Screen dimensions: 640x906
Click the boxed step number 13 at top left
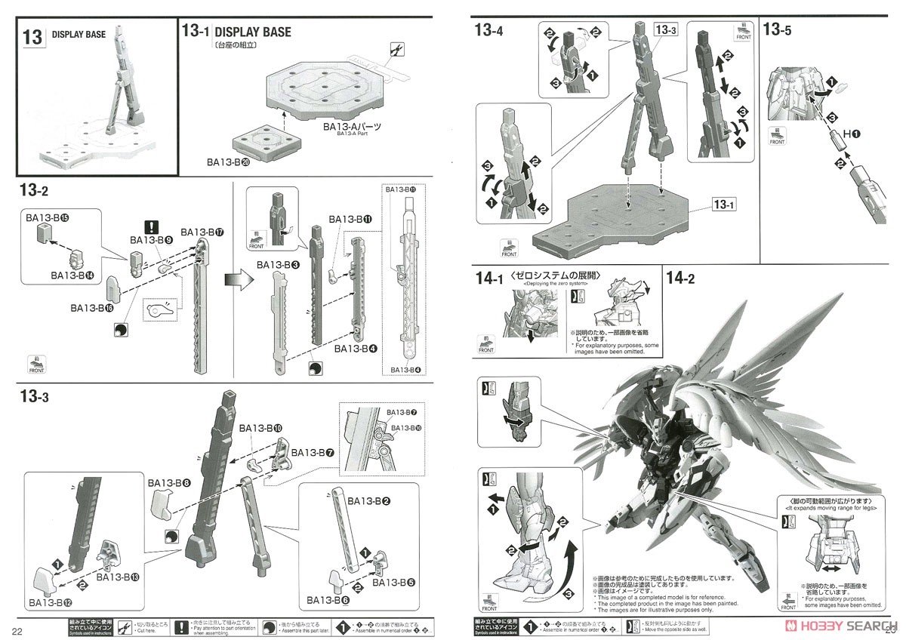click(x=32, y=37)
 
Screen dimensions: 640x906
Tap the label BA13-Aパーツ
click(x=361, y=126)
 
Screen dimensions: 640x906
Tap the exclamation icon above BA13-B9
click(x=153, y=226)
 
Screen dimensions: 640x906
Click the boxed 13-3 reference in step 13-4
click(x=667, y=30)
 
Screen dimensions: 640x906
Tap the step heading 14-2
click(x=681, y=278)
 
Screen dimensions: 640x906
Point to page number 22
click(x=16, y=629)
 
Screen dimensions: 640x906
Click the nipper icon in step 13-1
click(x=394, y=51)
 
